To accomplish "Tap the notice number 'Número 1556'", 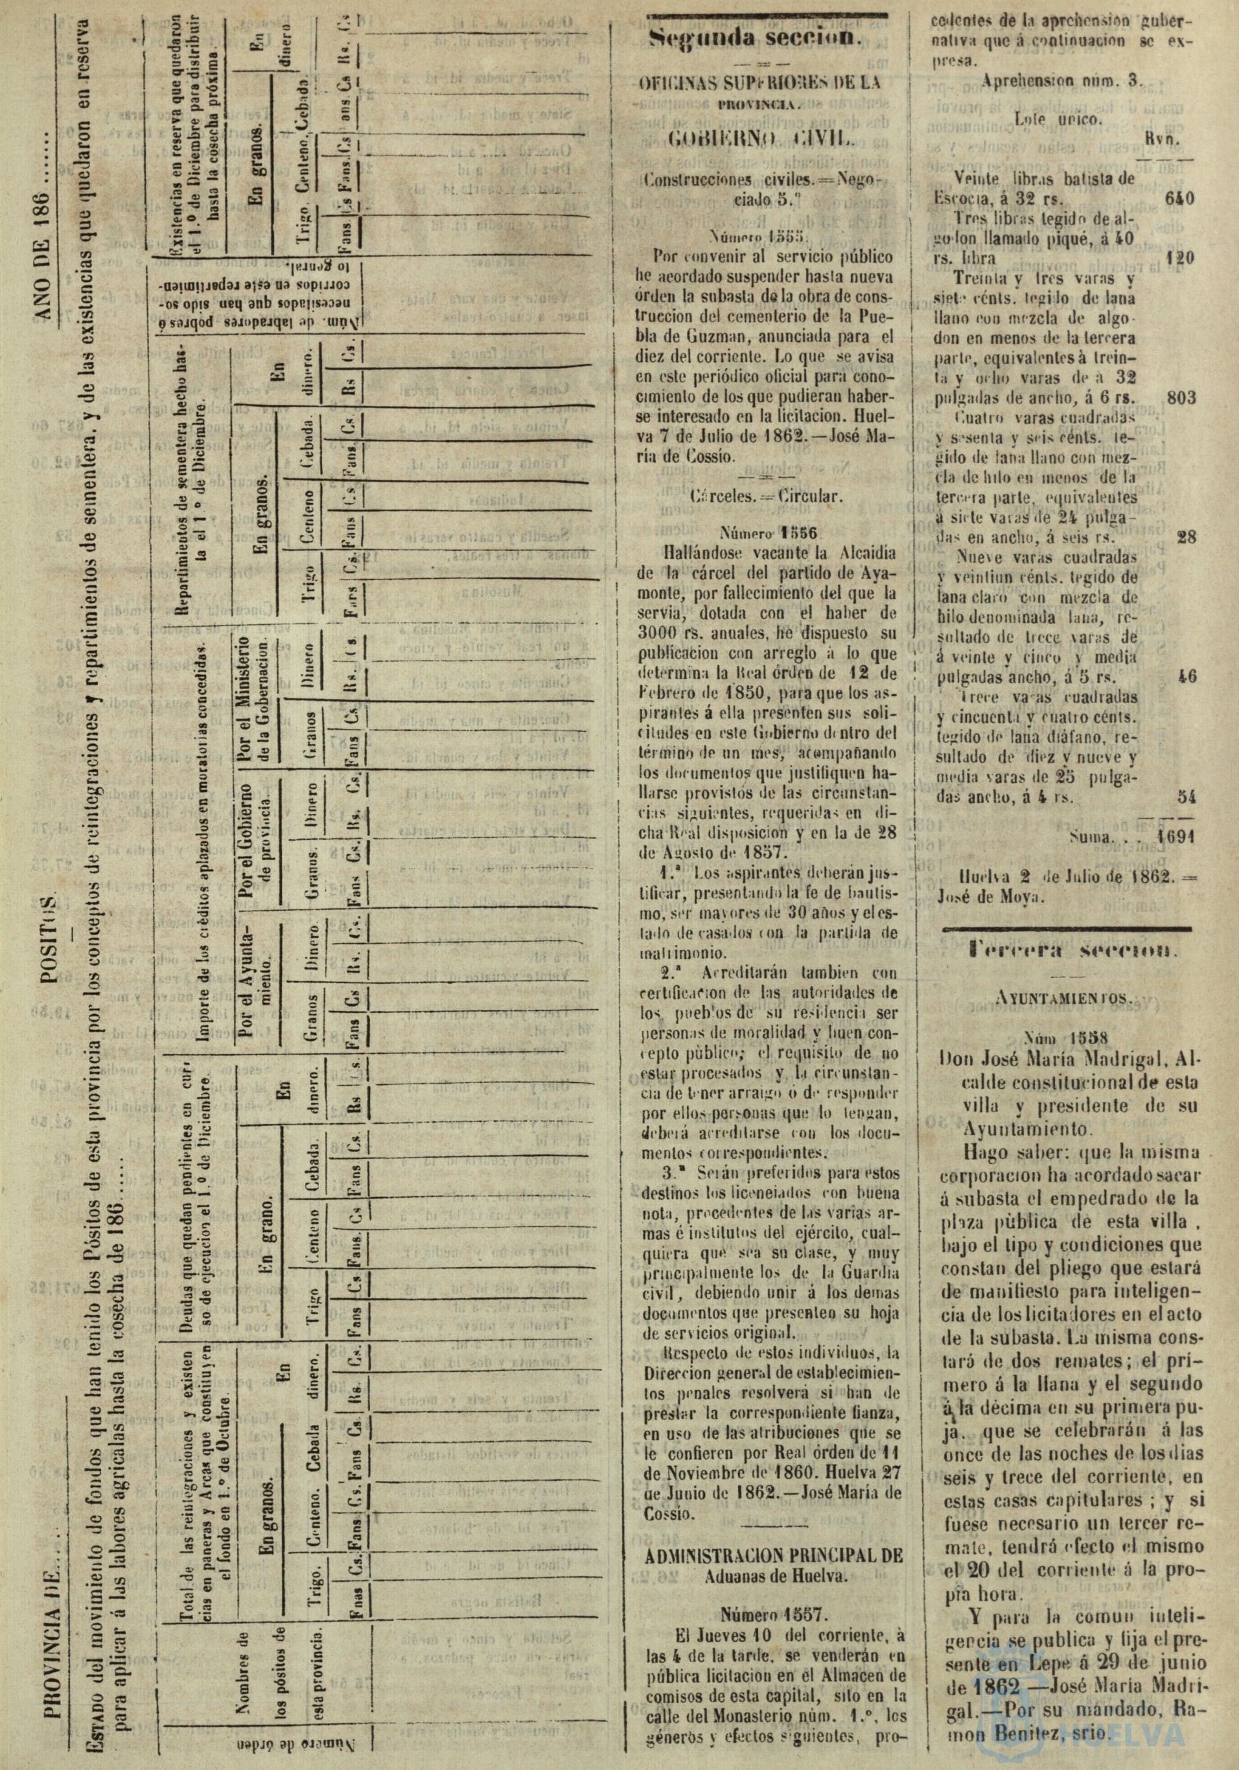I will point(763,532).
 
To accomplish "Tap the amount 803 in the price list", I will point(1181,399).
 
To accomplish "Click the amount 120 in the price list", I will point(1181,257).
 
